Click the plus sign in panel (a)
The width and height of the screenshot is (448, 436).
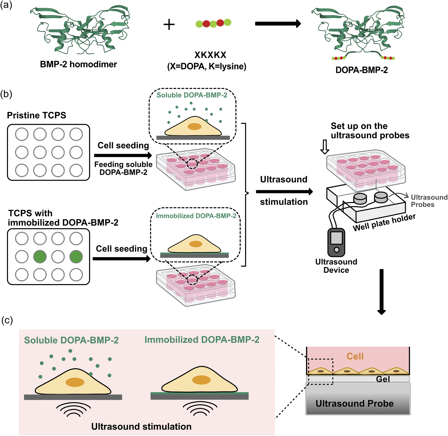click(169, 25)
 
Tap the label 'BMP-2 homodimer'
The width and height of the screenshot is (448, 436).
click(78, 64)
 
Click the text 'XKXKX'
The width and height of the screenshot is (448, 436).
click(210, 55)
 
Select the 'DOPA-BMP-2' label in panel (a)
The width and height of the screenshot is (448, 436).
click(362, 70)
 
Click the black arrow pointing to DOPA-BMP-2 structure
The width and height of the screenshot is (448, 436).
click(278, 24)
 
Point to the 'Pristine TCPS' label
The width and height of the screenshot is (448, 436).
click(36, 115)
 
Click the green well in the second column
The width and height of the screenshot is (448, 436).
click(40, 257)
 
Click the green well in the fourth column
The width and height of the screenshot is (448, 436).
click(76, 257)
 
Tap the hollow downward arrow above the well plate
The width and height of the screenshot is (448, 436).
click(325, 147)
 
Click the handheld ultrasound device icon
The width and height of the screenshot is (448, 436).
click(336, 242)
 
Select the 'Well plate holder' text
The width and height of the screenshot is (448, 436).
click(384, 222)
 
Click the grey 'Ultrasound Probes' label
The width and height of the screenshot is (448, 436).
click(429, 201)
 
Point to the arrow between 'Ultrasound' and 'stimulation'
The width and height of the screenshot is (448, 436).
click(285, 192)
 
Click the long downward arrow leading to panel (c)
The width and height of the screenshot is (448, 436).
click(381, 292)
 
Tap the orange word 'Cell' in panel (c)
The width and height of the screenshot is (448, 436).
click(355, 356)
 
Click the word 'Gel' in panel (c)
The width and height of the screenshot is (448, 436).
click(383, 379)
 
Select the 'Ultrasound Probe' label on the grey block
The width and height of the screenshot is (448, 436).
click(355, 403)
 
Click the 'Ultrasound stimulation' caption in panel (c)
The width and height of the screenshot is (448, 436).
click(141, 426)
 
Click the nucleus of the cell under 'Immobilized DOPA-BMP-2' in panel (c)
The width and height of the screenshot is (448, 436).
click(201, 380)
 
